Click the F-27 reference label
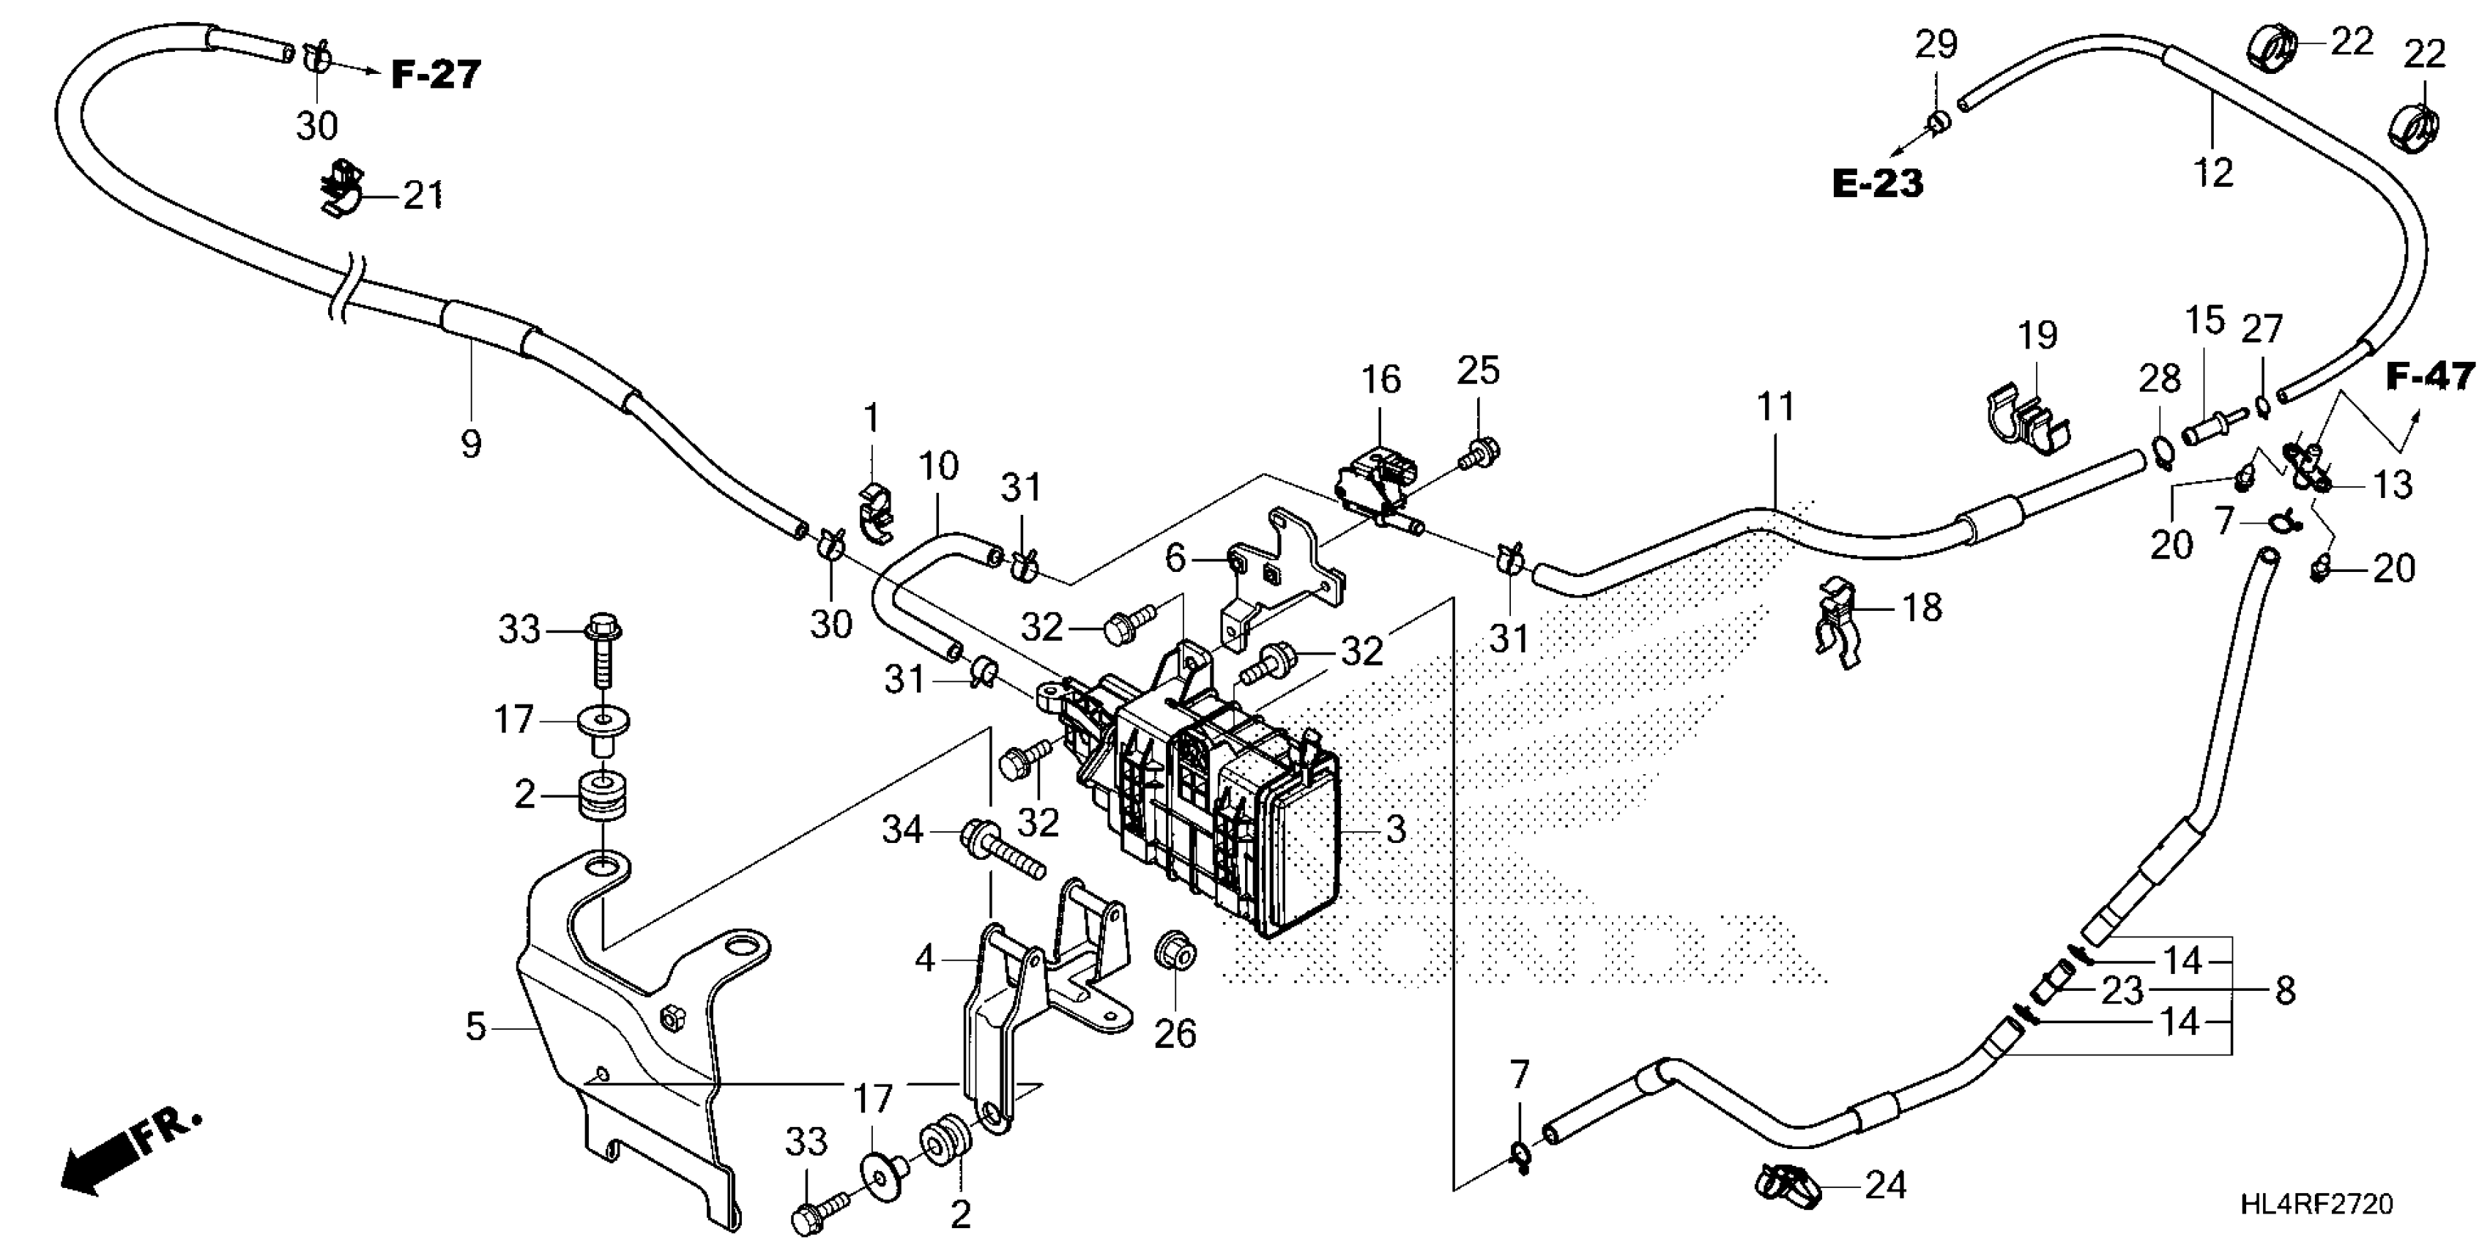click(436, 75)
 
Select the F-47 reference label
click(2431, 376)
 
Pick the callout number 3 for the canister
click(1395, 829)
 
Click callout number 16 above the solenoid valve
click(1381, 380)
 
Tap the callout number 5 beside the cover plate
click(475, 1027)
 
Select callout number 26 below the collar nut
click(1175, 1033)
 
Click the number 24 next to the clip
click(1885, 1185)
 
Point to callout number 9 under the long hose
click(471, 445)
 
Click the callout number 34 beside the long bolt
click(902, 829)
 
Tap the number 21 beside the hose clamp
click(423, 196)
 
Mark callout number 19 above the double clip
click(2037, 335)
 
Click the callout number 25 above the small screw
click(1478, 371)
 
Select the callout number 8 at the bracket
click(2285, 991)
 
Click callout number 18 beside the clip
click(1922, 607)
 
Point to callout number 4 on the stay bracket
click(925, 958)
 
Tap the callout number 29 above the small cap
click(1936, 45)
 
